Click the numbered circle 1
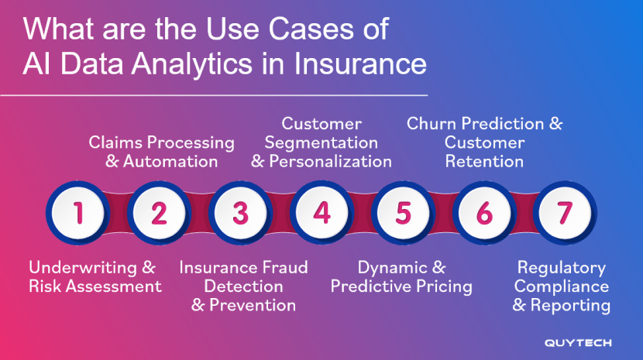[x=77, y=213]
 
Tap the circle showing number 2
[x=159, y=213]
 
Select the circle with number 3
[x=240, y=213]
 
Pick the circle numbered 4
[x=321, y=213]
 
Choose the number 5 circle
[x=403, y=213]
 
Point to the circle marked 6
[x=484, y=213]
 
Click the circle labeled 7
[x=565, y=213]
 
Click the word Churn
[x=432, y=124]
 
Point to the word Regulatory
[x=561, y=268]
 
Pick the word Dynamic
[x=390, y=268]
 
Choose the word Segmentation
[x=321, y=143]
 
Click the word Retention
[x=484, y=162]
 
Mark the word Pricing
[x=440, y=286]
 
